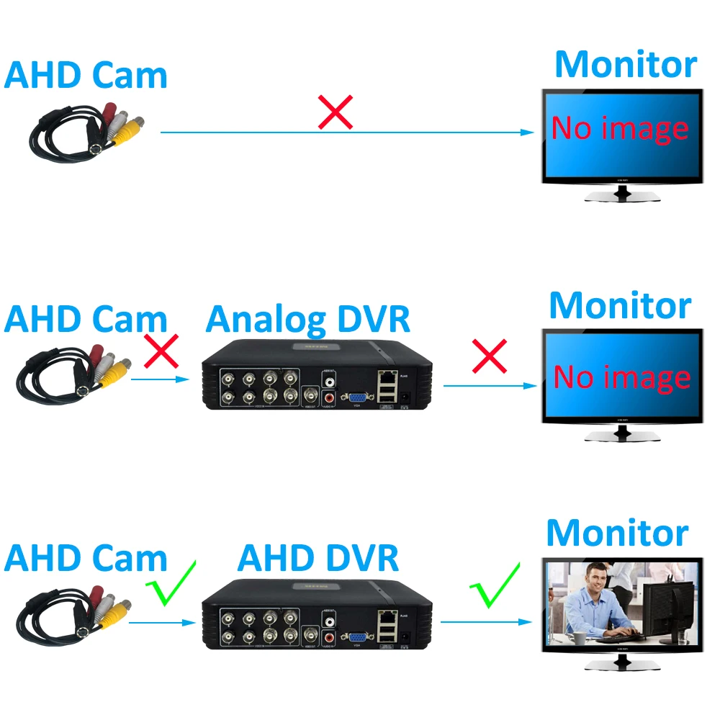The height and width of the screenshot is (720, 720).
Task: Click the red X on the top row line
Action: pos(336,112)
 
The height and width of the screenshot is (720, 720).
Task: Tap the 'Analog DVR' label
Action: pos(307,319)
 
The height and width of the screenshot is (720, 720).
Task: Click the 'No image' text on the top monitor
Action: pos(620,129)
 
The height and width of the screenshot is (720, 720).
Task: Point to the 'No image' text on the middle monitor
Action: pos(622,377)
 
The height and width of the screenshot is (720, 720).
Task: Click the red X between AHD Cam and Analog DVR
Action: pos(162,352)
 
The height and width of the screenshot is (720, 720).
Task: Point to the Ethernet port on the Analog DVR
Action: pos(387,376)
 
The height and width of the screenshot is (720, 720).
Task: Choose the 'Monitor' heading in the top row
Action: pos(625,65)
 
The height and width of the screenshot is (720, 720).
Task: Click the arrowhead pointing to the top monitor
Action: pos(528,132)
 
